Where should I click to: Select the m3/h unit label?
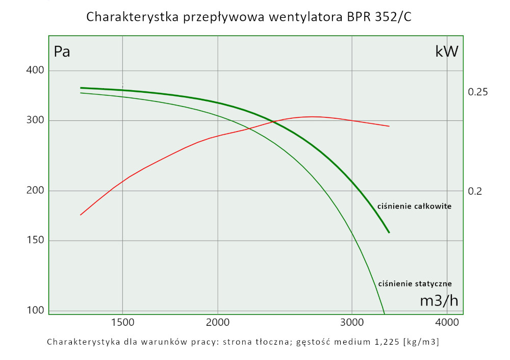[439, 300]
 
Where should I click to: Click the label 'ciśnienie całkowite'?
[414, 207]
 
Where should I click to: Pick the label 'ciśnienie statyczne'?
[415, 284]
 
